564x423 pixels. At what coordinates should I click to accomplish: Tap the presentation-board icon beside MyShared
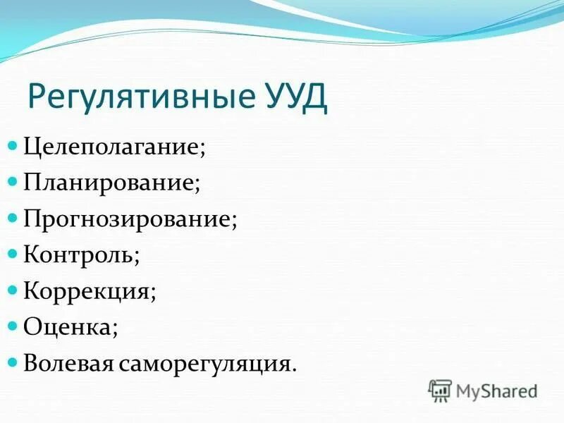click(440, 391)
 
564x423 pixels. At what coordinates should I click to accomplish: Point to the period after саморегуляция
click(293, 369)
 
